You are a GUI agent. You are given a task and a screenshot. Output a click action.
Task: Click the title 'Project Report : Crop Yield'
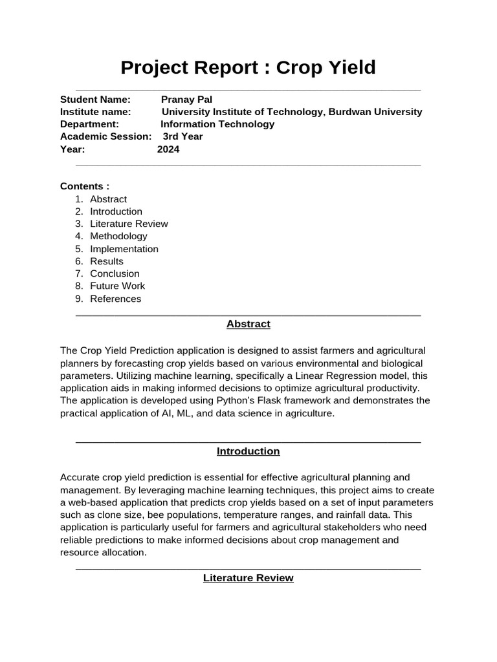(248, 67)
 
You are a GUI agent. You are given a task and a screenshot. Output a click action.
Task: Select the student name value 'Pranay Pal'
(186, 100)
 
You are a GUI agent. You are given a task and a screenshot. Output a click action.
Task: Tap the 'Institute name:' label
(96, 112)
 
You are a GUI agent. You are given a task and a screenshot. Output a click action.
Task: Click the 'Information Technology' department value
(217, 124)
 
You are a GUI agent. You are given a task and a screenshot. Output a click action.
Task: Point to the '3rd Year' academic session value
(182, 136)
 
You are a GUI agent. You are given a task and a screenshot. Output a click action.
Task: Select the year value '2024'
(168, 149)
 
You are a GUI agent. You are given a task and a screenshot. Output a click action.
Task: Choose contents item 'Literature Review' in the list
(129, 224)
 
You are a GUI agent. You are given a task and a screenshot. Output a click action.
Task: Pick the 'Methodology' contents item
(118, 237)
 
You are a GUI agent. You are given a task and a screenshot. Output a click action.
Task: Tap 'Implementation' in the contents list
(124, 249)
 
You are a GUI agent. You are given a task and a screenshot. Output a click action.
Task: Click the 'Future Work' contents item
(117, 286)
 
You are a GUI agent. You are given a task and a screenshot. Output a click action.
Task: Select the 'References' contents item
(115, 299)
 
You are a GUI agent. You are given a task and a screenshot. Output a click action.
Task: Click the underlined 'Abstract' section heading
(248, 324)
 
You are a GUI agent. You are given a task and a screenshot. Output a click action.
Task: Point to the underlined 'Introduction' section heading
(248, 451)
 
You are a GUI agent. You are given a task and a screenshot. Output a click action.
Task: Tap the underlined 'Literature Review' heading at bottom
(248, 578)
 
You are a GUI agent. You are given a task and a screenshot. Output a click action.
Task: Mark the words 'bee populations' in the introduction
(181, 515)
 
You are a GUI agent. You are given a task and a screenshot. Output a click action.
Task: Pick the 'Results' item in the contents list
(107, 261)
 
